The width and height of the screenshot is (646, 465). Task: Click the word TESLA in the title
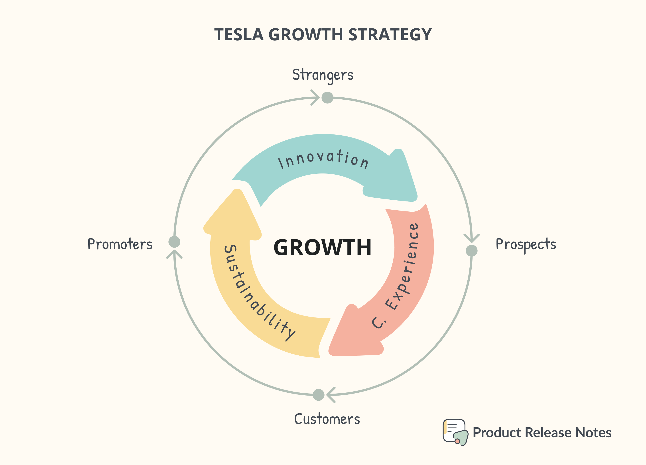coord(239,35)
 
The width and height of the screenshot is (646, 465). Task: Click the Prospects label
coord(526,244)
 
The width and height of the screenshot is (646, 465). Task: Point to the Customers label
coord(327,419)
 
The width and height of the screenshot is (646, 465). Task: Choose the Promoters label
coord(120,244)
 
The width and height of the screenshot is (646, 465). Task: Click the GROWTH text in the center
coord(322,247)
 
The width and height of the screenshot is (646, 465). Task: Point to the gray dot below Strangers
coord(327,98)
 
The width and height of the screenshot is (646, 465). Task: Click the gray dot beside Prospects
coord(471,250)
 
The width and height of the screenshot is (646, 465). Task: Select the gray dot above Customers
coord(318,395)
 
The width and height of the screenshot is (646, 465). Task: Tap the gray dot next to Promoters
coord(174,242)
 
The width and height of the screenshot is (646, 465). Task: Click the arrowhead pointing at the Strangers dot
coord(316,98)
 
